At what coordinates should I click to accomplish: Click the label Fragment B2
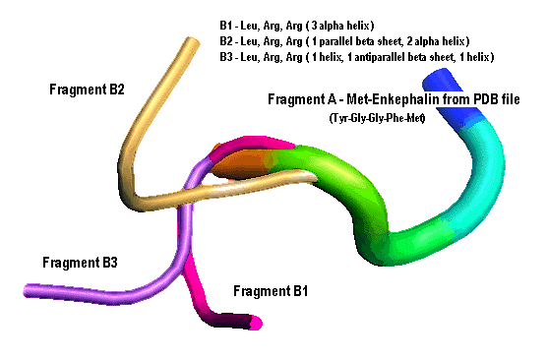click(87, 90)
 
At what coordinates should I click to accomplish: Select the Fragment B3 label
click(80, 263)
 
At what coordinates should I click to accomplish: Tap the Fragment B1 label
click(271, 291)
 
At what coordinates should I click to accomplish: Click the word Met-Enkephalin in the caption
click(389, 99)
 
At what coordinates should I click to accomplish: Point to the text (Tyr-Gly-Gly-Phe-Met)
click(377, 118)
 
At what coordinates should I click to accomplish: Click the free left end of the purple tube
click(28, 290)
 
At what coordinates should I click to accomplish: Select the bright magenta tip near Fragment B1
click(256, 323)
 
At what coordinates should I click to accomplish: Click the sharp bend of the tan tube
click(135, 197)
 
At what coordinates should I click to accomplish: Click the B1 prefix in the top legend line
click(225, 26)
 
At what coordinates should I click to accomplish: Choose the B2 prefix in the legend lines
click(225, 41)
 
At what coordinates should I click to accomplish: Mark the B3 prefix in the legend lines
click(225, 57)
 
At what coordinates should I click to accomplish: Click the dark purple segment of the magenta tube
click(230, 320)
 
